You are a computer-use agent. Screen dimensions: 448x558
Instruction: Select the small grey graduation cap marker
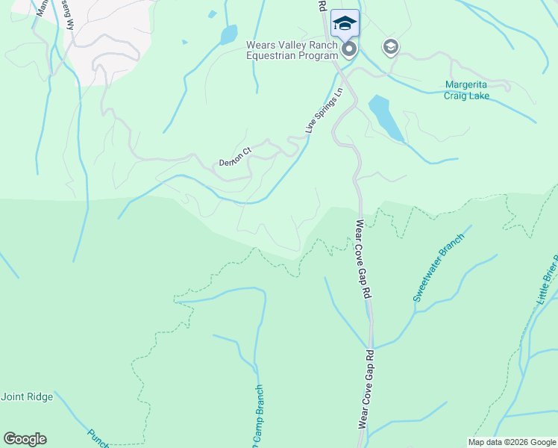pyautogui.click(x=390, y=47)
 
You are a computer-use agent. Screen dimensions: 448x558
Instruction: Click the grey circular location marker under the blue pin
pyautogui.click(x=348, y=49)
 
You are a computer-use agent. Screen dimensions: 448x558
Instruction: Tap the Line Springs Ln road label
pyautogui.click(x=323, y=111)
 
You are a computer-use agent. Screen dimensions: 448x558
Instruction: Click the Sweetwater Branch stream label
pyautogui.click(x=439, y=267)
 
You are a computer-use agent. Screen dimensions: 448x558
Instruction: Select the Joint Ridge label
pyautogui.click(x=27, y=396)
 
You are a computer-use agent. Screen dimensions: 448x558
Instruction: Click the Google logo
pyautogui.click(x=25, y=439)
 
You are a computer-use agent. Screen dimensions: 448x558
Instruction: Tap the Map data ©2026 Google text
pyautogui.click(x=512, y=442)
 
